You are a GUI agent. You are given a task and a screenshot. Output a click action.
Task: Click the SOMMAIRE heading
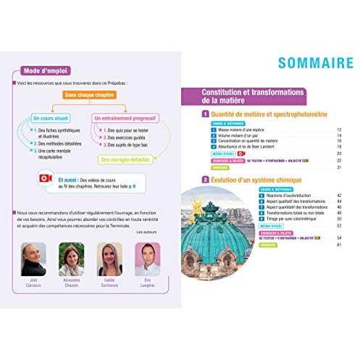(x=295, y=64)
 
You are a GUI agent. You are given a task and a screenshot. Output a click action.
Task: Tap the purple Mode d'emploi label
(x=41, y=70)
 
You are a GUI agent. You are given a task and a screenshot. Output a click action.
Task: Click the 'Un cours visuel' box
(x=52, y=117)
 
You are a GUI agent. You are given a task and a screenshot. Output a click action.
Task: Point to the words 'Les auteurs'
(x=148, y=231)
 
